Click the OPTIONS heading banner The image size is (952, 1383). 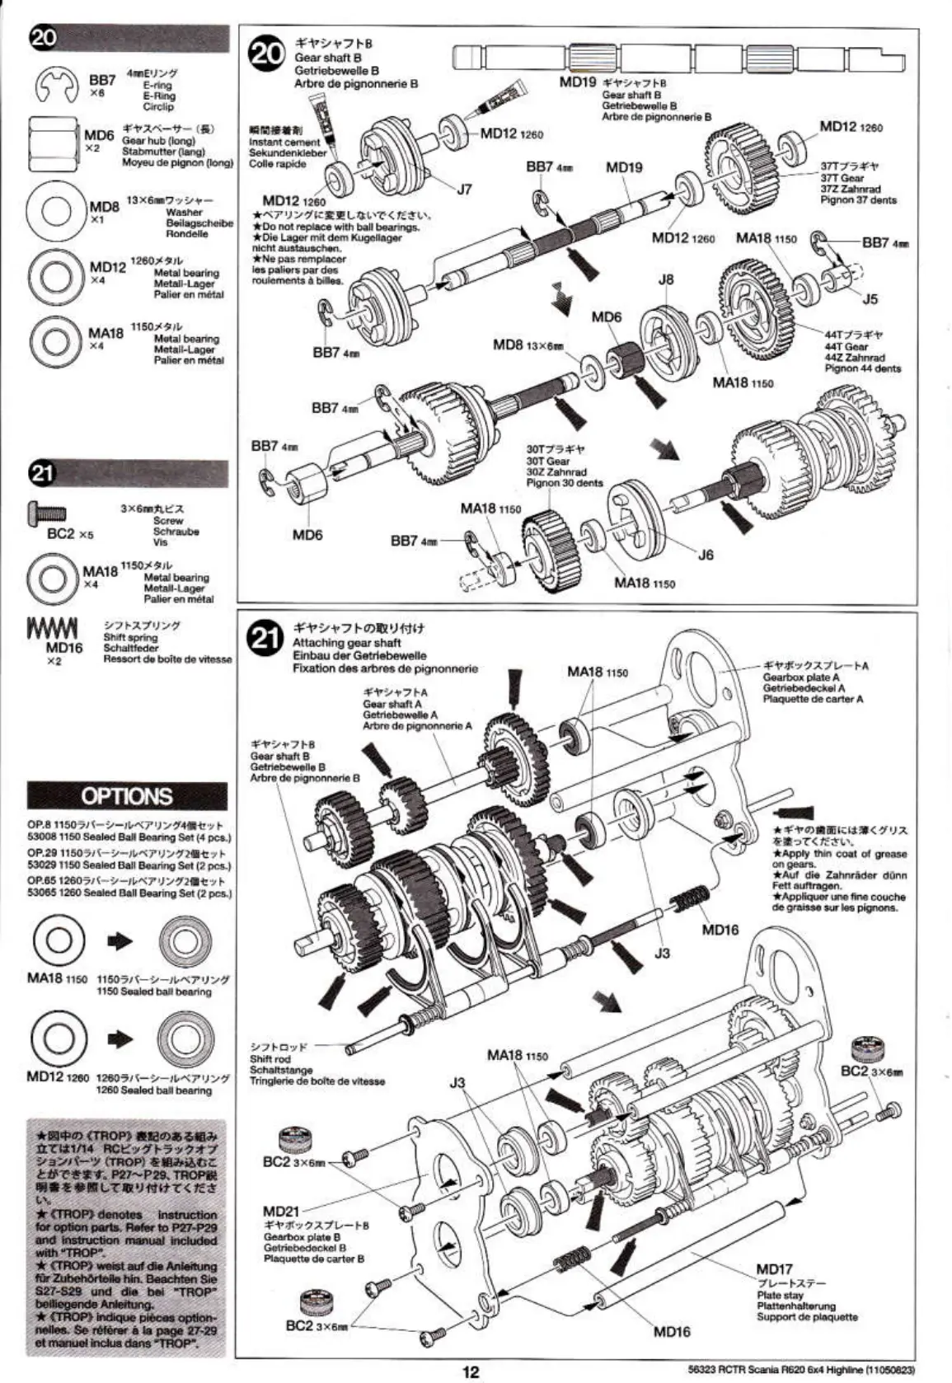pyautogui.click(x=127, y=796)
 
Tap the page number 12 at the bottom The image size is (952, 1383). pyautogui.click(x=471, y=1371)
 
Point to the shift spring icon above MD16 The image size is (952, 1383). pyautogui.click(x=51, y=627)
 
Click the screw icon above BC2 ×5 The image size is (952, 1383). pyautogui.click(x=47, y=513)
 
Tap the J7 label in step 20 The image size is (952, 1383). pyautogui.click(x=464, y=190)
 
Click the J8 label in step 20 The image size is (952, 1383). pyautogui.click(x=666, y=279)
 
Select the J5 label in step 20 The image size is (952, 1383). pyautogui.click(x=870, y=299)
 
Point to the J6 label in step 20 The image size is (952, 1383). pyautogui.click(x=706, y=555)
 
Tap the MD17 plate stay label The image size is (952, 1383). pyautogui.click(x=774, y=1269)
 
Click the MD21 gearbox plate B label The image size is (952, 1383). pyautogui.click(x=281, y=1211)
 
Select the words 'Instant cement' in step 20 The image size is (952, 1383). pyautogui.click(x=284, y=142)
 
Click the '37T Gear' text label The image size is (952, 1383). pyautogui.click(x=842, y=178)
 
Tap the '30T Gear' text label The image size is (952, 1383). pyautogui.click(x=548, y=462)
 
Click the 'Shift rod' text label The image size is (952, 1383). pyautogui.click(x=270, y=1059)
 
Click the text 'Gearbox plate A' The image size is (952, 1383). pyautogui.click(x=800, y=677)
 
